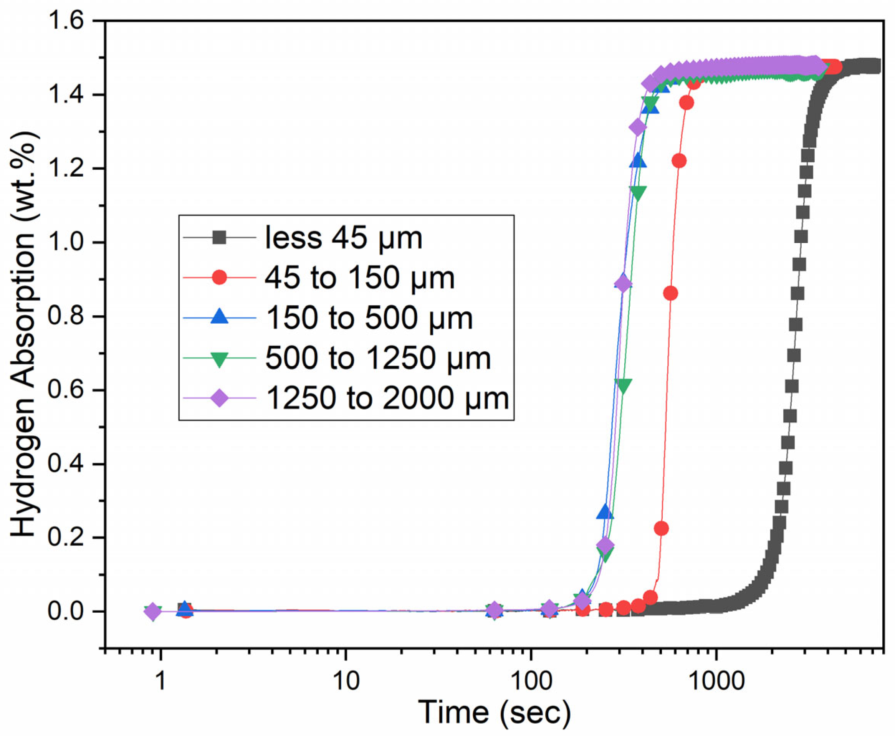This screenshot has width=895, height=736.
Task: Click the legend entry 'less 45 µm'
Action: pyautogui.click(x=343, y=238)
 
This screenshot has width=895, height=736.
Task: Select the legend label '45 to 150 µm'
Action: pyautogui.click(x=359, y=279)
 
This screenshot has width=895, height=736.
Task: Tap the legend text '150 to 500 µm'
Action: pyautogui.click(x=369, y=319)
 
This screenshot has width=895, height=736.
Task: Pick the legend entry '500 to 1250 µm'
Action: pyautogui.click(x=378, y=359)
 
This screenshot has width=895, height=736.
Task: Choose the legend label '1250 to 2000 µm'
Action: pyautogui.click(x=387, y=399)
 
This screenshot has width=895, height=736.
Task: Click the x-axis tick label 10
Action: pyautogui.click(x=346, y=682)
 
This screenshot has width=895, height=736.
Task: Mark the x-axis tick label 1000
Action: pyautogui.click(x=716, y=682)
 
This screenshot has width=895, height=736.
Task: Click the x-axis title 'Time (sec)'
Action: pyautogui.click(x=495, y=713)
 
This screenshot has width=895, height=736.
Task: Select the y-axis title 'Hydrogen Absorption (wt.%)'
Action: pyautogui.click(x=23, y=335)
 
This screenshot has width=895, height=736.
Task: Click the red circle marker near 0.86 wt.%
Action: pyautogui.click(x=670, y=293)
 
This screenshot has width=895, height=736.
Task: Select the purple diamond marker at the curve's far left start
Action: pyautogui.click(x=153, y=612)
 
